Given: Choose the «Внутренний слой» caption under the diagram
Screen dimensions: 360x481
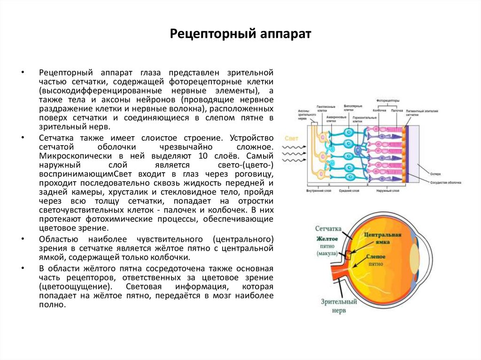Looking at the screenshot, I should point(320,191).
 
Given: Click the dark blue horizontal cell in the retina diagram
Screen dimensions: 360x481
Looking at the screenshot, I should point(358,150).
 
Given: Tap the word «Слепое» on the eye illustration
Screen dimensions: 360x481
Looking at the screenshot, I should point(375,257).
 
